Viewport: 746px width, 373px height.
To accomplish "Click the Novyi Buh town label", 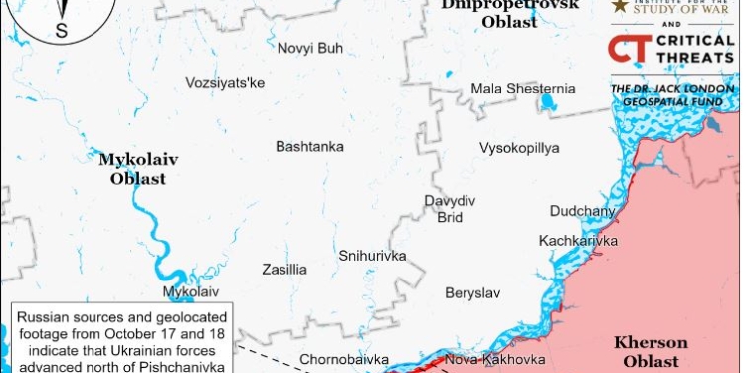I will [308, 48].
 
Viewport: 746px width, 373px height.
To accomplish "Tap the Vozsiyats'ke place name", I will [225, 83].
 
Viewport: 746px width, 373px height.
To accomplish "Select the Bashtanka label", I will [309, 147].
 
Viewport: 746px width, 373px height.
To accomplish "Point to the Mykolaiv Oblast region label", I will [131, 169].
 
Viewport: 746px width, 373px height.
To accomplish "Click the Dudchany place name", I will [583, 211].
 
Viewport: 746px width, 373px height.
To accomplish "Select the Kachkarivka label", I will [578, 241].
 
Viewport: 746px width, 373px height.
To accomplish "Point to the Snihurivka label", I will [372, 256].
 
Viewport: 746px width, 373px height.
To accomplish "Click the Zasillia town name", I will [284, 270].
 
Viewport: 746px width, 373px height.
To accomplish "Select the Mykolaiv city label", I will [190, 292].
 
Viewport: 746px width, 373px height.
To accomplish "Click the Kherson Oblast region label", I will [652, 351].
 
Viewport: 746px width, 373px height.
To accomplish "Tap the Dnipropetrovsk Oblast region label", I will [508, 12].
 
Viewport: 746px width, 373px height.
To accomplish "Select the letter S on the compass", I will [61, 30].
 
